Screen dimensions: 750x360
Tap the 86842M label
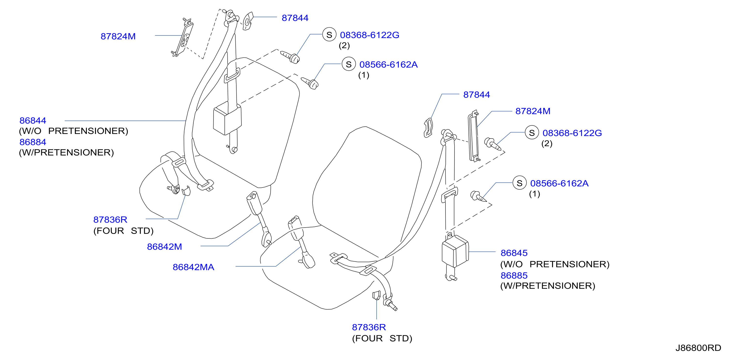(x=164, y=247)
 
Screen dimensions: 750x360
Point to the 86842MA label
(x=193, y=267)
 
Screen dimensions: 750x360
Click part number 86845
(x=514, y=253)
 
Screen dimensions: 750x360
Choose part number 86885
(x=514, y=275)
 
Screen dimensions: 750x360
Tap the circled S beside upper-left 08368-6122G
(x=329, y=35)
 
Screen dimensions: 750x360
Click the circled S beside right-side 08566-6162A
(x=519, y=183)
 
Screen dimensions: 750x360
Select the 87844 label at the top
(x=295, y=18)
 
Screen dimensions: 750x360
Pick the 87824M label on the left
(x=118, y=36)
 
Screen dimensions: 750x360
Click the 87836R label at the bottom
(x=369, y=327)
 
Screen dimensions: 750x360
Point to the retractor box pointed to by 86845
(x=455, y=251)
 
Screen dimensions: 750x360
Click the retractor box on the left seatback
(x=227, y=118)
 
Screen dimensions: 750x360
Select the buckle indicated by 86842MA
(x=301, y=242)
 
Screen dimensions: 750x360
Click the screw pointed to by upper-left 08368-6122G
(x=290, y=57)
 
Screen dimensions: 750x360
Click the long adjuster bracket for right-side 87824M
(x=474, y=136)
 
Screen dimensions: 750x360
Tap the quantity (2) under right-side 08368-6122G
(x=547, y=143)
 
